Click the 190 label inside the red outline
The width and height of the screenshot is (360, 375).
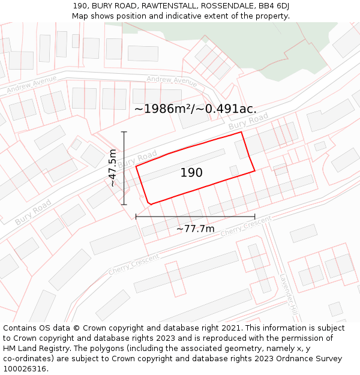(x=191, y=173)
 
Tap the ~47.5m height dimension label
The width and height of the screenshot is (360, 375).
(x=112, y=168)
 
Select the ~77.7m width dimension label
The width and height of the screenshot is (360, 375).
(x=195, y=229)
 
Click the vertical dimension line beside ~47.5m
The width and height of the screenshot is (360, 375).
(x=124, y=168)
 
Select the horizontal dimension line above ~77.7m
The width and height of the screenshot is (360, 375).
(x=195, y=217)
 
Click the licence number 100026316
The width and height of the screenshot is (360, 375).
(x=25, y=369)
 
